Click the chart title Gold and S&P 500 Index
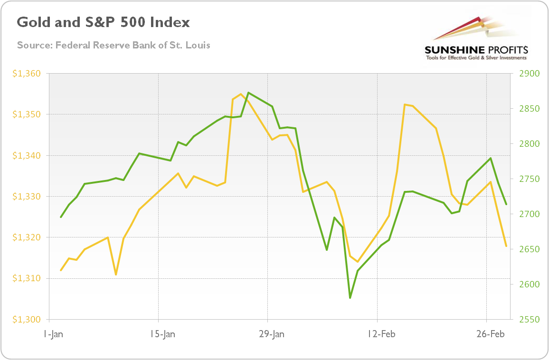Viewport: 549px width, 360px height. pyautogui.click(x=103, y=22)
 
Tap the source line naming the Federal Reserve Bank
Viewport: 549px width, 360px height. pyautogui.click(x=114, y=46)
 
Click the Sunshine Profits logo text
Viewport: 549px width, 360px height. pyautogui.click(x=477, y=50)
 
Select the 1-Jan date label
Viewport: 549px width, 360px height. pyautogui.click(x=52, y=334)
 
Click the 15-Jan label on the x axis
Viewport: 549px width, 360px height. pyautogui.click(x=162, y=334)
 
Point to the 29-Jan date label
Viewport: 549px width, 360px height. pyautogui.click(x=272, y=334)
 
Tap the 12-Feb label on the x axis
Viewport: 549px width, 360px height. pyautogui.click(x=381, y=334)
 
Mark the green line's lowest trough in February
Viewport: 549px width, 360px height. pyautogui.click(x=350, y=298)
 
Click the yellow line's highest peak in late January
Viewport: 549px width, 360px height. pyautogui.click(x=241, y=94)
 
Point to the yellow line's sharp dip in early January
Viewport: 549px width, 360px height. pyautogui.click(x=116, y=275)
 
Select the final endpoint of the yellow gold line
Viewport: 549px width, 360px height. pyautogui.click(x=506, y=246)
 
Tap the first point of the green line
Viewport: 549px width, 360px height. pyautogui.click(x=61, y=217)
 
